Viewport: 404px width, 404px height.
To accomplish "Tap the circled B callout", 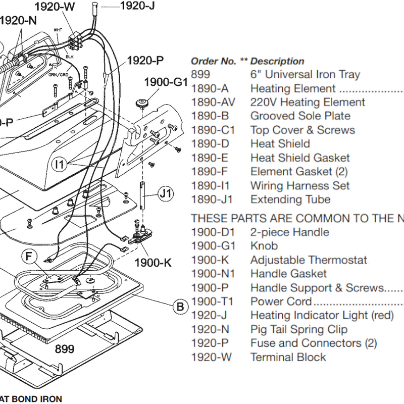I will (179, 306).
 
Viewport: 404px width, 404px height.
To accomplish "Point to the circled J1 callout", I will (166, 192).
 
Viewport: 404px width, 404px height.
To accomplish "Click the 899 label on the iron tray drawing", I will (64, 349).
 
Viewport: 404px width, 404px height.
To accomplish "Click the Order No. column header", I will (213, 61).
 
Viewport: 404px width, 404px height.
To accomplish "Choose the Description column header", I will (277, 61).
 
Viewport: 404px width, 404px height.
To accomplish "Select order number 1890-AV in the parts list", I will (212, 103).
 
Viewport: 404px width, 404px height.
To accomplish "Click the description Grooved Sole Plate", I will (300, 116).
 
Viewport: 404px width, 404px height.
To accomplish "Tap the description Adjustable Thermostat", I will (309, 260).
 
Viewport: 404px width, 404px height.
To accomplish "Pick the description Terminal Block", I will (288, 357).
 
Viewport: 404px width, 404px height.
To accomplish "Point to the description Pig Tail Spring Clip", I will (299, 329).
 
